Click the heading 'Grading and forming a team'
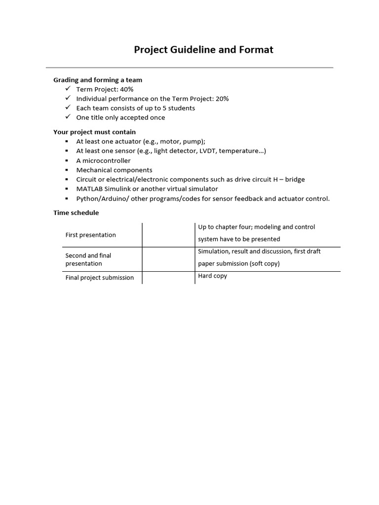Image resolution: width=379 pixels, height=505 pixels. (x=98, y=80)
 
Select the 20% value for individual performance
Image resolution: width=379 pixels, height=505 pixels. (x=222, y=99)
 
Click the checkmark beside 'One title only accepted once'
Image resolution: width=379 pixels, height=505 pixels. (x=68, y=117)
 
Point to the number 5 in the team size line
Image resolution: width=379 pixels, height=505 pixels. (x=164, y=108)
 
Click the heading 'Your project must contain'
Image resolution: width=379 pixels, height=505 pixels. (x=94, y=132)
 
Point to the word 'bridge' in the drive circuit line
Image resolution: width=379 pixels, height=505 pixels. (x=295, y=180)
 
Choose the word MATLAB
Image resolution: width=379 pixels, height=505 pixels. (x=89, y=189)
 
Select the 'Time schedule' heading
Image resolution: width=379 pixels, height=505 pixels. (x=76, y=213)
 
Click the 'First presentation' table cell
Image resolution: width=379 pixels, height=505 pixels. (x=91, y=235)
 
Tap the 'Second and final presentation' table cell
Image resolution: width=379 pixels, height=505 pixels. (x=88, y=259)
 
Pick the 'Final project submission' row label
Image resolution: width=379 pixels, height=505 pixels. (x=100, y=278)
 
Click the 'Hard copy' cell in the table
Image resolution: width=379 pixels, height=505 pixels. (x=213, y=276)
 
